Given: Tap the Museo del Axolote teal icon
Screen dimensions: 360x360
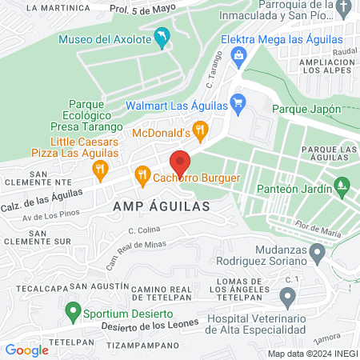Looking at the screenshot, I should (162, 38).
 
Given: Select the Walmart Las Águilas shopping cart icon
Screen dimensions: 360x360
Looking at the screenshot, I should (237, 102).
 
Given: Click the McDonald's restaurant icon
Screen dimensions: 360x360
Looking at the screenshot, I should (201, 128).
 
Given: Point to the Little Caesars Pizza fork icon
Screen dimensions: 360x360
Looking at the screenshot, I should (100, 168).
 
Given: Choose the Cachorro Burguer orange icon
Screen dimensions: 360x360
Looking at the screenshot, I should (142, 173).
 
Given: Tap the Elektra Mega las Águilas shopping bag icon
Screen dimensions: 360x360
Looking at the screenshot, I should (238, 54).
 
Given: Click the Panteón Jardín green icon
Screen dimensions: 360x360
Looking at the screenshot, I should (342, 184).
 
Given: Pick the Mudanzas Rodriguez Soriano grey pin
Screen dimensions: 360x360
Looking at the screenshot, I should (318, 254).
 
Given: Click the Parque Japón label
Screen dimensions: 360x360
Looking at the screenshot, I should (306, 109).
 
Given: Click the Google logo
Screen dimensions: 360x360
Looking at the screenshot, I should (26, 350).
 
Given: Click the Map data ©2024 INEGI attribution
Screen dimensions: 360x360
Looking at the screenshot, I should (311, 354).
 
